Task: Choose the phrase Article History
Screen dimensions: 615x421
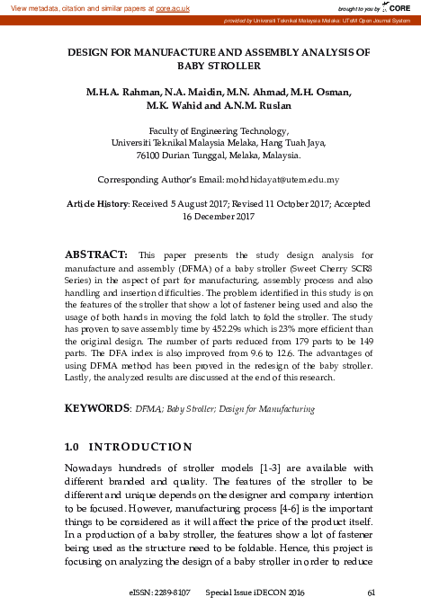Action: coord(97,205)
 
